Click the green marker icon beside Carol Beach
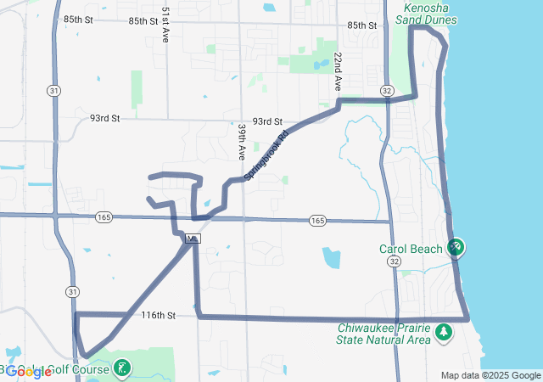(x=456, y=247)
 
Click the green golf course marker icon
(x=124, y=368)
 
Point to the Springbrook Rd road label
(x=266, y=154)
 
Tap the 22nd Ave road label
(x=338, y=71)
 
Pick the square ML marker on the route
(x=193, y=239)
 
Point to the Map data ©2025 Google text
(x=490, y=375)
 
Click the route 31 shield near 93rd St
(x=54, y=91)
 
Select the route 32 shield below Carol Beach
(x=395, y=263)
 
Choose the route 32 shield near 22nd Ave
(x=387, y=91)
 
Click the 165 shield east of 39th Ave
(x=317, y=221)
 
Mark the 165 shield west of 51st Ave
(x=104, y=216)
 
